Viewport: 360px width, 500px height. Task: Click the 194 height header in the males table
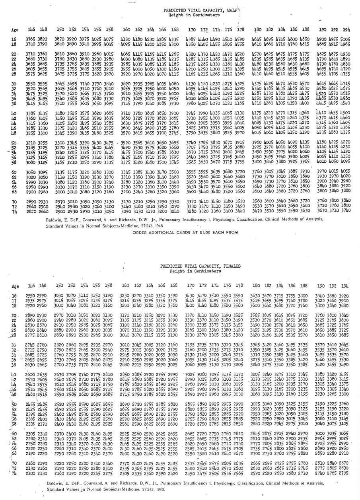(x=345, y=29)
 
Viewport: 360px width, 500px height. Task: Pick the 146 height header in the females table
(x=30, y=285)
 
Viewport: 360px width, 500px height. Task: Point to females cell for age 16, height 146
(x=30, y=296)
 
